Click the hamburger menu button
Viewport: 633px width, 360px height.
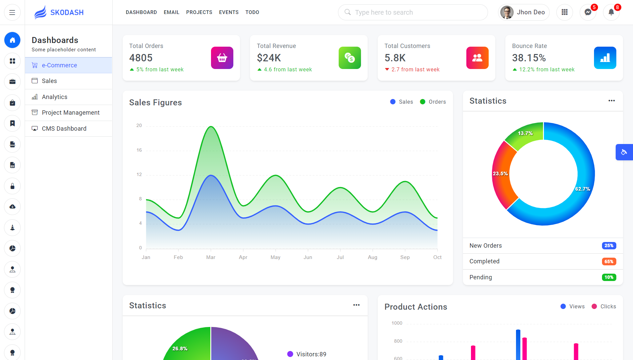click(12, 13)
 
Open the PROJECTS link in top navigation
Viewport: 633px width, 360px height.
click(199, 12)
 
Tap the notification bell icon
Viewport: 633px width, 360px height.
click(611, 12)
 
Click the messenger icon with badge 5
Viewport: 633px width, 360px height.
click(588, 12)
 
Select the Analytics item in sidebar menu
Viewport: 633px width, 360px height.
click(55, 97)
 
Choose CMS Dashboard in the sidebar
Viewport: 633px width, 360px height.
click(64, 129)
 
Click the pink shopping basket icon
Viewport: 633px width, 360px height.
click(222, 58)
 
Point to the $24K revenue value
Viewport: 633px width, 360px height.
click(269, 58)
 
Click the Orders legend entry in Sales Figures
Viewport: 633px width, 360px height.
click(433, 102)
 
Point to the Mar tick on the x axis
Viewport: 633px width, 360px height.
click(211, 257)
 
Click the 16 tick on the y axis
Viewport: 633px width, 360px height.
click(139, 150)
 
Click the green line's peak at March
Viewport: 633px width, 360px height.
click(211, 127)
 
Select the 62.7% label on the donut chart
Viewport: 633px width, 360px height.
click(582, 189)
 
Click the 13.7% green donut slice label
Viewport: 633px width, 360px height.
click(525, 133)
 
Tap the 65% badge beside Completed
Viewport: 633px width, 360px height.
click(609, 262)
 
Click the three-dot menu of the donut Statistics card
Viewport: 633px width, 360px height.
click(611, 101)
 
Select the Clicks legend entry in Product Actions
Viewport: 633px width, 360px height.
click(604, 307)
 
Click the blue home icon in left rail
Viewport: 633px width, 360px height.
click(12, 40)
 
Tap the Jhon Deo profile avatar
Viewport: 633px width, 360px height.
click(507, 12)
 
